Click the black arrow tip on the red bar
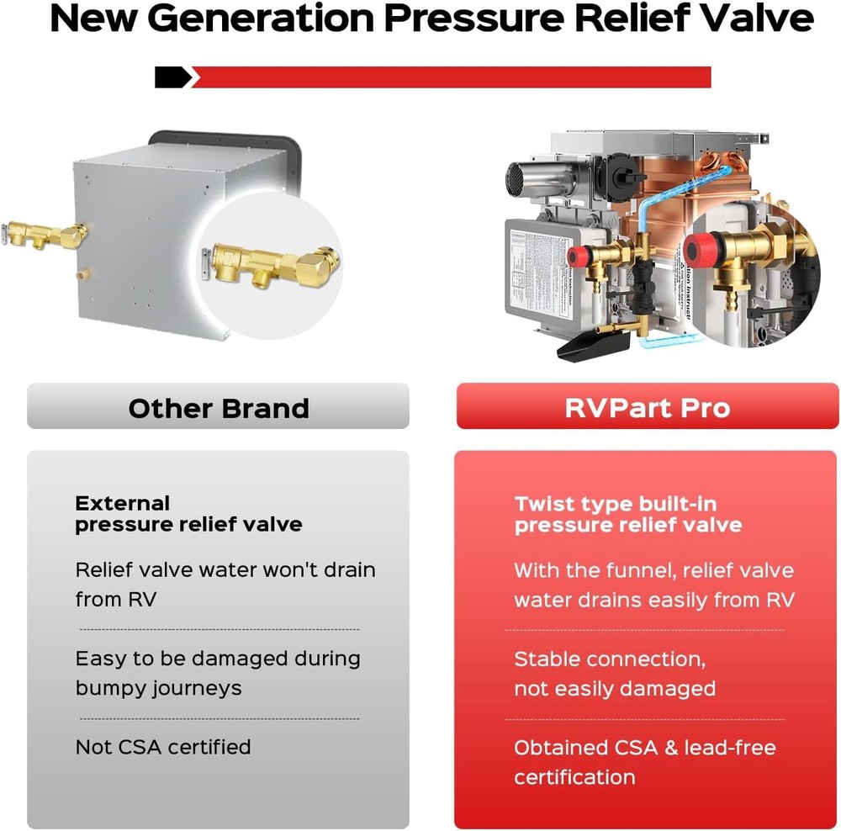(175, 77)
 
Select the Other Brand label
(219, 409)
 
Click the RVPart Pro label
(648, 409)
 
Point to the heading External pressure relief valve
(188, 514)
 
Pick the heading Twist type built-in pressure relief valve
(628, 515)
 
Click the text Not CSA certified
(163, 747)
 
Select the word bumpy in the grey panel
(113, 688)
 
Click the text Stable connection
(610, 659)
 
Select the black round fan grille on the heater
(519, 177)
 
